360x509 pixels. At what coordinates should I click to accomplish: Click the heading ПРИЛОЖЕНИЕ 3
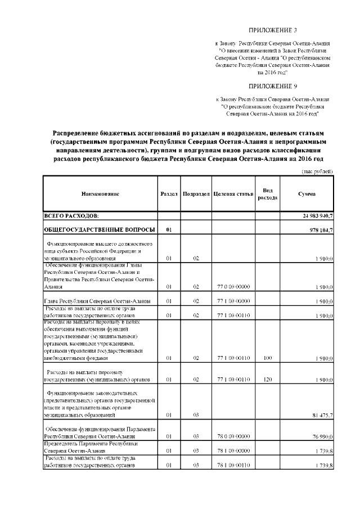click(x=272, y=29)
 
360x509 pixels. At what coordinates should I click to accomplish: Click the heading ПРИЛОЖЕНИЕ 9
click(x=272, y=86)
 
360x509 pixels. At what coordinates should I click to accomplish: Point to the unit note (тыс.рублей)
click(x=314, y=170)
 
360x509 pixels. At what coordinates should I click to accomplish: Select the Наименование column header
click(x=100, y=193)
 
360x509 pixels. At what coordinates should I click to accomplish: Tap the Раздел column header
click(x=169, y=193)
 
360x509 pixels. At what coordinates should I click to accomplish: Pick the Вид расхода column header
click(x=267, y=193)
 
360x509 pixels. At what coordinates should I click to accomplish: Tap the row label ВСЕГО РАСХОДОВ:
click(x=71, y=216)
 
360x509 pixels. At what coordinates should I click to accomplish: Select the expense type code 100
click(x=267, y=357)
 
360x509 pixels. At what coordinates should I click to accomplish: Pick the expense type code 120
click(x=267, y=380)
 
